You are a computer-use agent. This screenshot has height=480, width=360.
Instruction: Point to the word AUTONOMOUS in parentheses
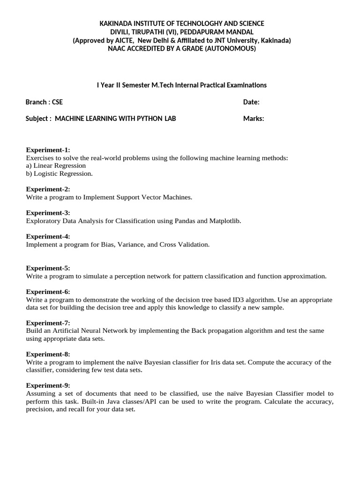coord(231,49)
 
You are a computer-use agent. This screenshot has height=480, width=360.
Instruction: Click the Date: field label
coord(251,102)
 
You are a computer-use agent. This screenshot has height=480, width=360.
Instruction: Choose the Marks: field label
coord(254,119)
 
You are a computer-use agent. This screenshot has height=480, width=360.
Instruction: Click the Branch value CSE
coord(56,102)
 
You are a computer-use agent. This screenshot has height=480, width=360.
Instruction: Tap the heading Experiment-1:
coord(48,150)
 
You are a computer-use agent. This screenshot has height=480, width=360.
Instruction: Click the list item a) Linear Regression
coord(56,165)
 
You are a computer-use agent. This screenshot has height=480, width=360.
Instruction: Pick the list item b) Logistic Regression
coord(59,173)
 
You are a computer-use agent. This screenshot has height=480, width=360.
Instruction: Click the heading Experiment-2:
coord(48,189)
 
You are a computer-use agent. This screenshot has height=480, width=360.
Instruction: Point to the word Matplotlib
coord(225,221)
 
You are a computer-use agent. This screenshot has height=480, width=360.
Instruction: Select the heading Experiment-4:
coord(48,237)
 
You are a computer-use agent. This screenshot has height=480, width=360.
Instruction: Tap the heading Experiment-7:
coord(48,323)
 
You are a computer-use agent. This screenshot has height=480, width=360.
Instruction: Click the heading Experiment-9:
coord(48,386)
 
